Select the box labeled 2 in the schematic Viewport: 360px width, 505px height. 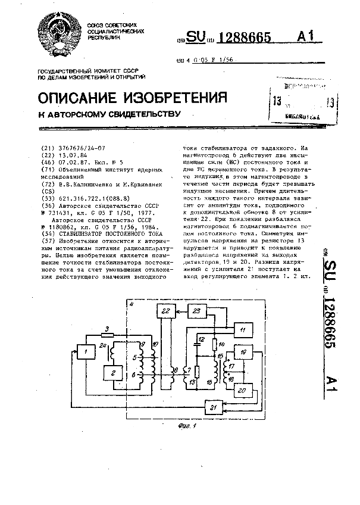111,373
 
